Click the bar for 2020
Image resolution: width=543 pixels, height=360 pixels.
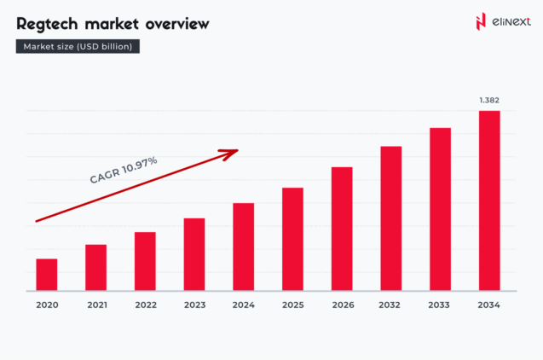pyautogui.click(x=47, y=274)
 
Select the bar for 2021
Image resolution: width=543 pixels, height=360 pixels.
pyautogui.click(x=95, y=267)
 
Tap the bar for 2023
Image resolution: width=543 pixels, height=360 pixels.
pyautogui.click(x=194, y=254)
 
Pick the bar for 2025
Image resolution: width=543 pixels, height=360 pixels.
pyautogui.click(x=292, y=239)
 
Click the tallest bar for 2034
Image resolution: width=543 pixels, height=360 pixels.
pyautogui.click(x=489, y=200)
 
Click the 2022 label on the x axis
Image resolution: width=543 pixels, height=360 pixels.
pyautogui.click(x=145, y=305)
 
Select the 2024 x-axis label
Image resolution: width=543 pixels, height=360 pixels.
pyautogui.click(x=244, y=305)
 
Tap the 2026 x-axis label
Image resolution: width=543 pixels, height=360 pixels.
pyautogui.click(x=342, y=305)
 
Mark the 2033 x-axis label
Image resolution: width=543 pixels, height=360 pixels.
pyautogui.click(x=440, y=305)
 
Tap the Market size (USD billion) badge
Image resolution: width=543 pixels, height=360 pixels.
pyautogui.click(x=78, y=46)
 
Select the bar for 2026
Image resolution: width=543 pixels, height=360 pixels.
pyautogui.click(x=342, y=229)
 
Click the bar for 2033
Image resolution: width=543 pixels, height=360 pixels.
pyautogui.click(x=440, y=209)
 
